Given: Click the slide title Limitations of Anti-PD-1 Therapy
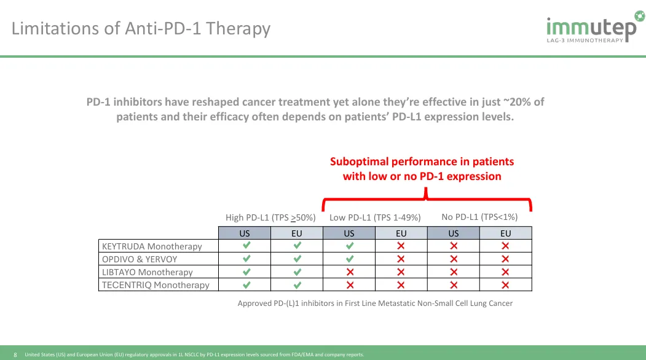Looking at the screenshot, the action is click(x=141, y=28).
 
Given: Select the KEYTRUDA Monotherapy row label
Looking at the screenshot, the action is click(x=152, y=246).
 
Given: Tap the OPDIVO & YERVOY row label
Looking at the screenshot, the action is click(x=140, y=259).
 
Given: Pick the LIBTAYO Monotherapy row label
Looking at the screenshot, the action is click(x=148, y=272).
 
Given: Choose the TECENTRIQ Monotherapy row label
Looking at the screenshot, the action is click(x=156, y=285).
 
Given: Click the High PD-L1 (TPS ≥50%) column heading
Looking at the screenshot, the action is click(x=270, y=217).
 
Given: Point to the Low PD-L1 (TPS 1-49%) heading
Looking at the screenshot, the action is click(x=375, y=217).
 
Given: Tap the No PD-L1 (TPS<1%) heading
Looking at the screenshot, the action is click(x=479, y=217).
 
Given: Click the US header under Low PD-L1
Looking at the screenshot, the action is click(x=349, y=233).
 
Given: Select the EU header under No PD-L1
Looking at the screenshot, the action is click(x=505, y=233).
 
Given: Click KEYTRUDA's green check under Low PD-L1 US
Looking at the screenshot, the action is click(x=349, y=246).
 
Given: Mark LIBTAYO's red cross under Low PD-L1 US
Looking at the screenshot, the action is click(x=350, y=272).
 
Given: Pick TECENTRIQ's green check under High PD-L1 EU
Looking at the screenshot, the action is click(x=297, y=284).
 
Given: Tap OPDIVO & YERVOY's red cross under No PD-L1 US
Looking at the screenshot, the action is click(x=454, y=259).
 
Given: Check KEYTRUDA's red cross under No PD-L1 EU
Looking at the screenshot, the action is click(x=505, y=246).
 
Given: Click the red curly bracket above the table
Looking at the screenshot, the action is click(x=427, y=199).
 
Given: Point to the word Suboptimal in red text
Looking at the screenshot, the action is click(x=359, y=162).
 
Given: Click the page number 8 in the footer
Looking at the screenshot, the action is click(x=15, y=354).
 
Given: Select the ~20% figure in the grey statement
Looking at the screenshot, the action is click(x=521, y=102).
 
